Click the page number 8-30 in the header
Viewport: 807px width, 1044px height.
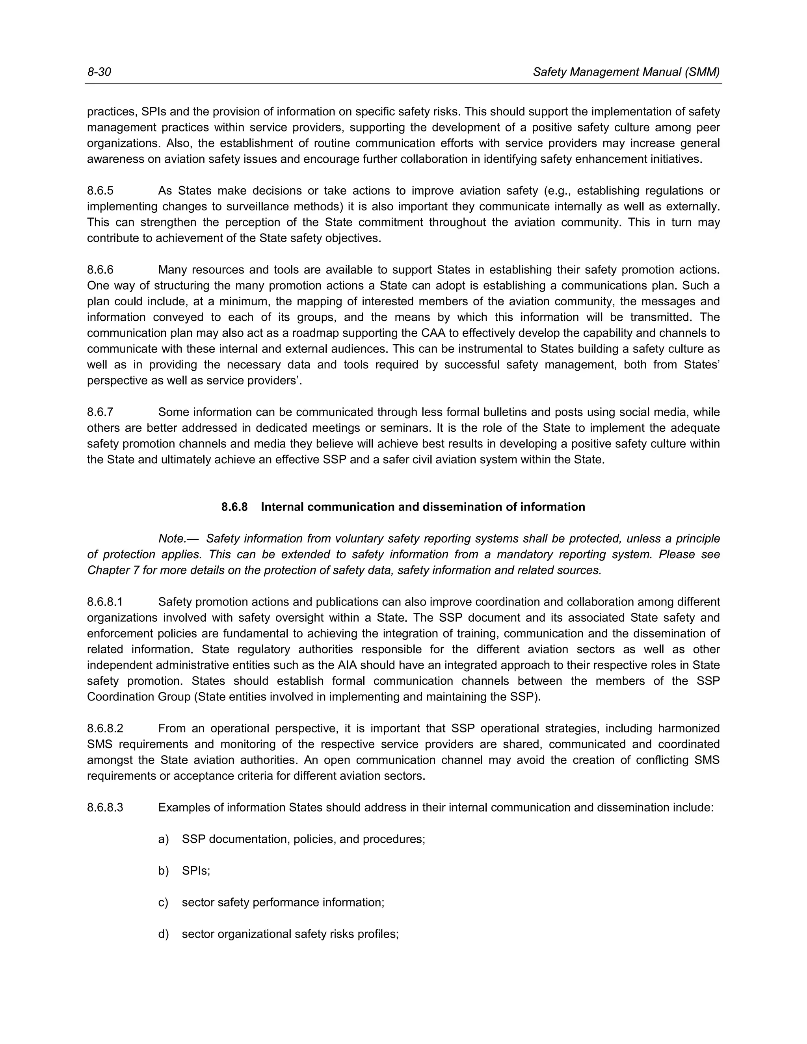[x=99, y=72]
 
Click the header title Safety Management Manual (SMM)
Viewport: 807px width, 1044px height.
[x=626, y=72]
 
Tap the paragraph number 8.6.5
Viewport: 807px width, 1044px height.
[x=100, y=191]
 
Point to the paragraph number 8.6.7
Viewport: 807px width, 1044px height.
[x=100, y=412]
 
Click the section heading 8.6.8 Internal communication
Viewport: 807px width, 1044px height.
[x=403, y=507]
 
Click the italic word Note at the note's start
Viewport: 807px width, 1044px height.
[x=172, y=539]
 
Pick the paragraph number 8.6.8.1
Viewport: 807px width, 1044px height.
[x=105, y=602]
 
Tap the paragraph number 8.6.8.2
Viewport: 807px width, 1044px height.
[x=105, y=728]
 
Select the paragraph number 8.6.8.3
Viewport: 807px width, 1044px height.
[x=105, y=808]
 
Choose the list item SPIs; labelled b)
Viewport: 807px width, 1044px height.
[x=196, y=871]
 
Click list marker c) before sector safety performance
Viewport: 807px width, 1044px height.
[x=164, y=903]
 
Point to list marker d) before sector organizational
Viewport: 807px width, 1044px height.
[x=164, y=934]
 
